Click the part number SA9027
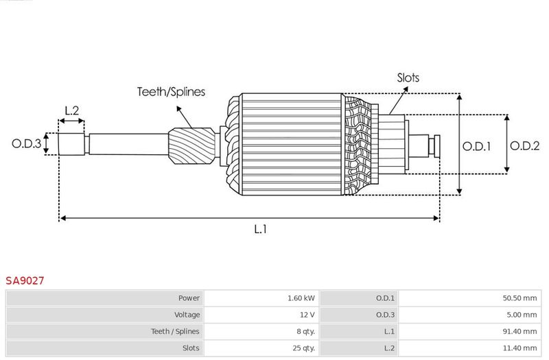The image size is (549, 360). point(25,280)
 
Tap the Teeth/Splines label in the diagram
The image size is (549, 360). point(171,92)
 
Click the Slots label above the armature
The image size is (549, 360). point(408,77)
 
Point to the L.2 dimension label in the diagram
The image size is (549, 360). point(72,110)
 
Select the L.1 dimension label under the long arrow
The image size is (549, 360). point(261,229)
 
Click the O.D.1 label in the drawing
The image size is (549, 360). point(476,146)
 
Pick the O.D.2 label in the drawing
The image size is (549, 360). point(524,146)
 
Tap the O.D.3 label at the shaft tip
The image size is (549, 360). point(26,143)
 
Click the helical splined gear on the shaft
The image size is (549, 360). point(192,146)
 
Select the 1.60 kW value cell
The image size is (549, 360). point(301,298)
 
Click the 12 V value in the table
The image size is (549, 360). point(307,315)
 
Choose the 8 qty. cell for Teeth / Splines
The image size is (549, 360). point(305,331)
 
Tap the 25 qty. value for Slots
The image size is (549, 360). point(303,348)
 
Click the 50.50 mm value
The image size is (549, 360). point(519,298)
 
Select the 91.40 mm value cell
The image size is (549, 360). point(519,331)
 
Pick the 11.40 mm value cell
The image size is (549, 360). point(520,348)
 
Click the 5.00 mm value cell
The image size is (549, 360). point(522,315)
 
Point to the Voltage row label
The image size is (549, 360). point(187,315)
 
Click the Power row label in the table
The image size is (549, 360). point(189,298)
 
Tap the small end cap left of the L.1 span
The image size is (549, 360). point(71,144)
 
